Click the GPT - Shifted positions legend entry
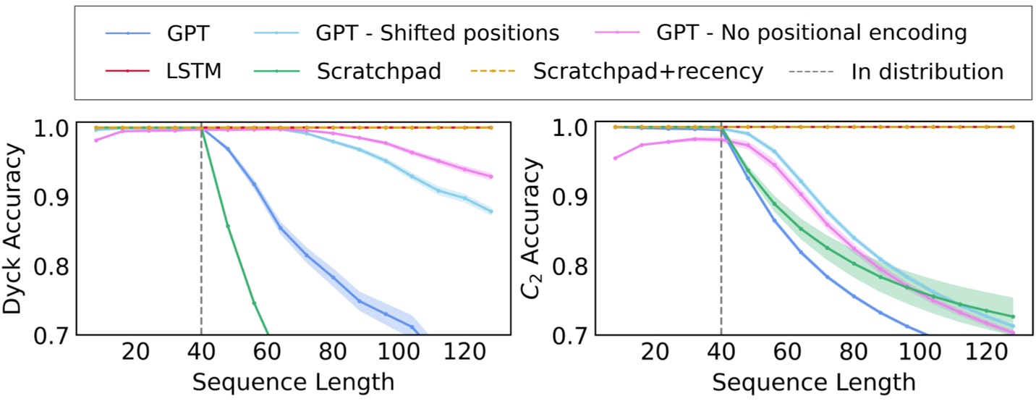[x=437, y=33]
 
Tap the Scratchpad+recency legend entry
[x=647, y=72]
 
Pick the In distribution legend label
[x=927, y=72]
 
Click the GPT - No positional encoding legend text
[x=812, y=33]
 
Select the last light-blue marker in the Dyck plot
[x=491, y=211]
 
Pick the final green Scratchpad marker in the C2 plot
[x=1012, y=316]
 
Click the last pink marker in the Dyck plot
[x=491, y=177]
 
